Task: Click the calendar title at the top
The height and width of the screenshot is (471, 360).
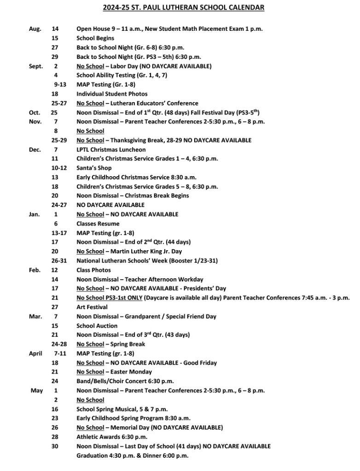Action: [183, 8]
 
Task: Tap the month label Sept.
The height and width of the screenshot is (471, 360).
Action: [36, 66]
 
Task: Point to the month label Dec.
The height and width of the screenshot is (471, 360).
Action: [35, 149]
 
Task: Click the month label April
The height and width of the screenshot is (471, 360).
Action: [35, 353]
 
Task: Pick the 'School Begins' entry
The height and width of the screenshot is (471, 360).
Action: [95, 38]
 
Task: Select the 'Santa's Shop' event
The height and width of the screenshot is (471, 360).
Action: [94, 168]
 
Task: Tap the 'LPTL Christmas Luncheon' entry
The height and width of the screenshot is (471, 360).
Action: [111, 149]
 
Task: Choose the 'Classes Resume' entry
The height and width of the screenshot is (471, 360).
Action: [98, 224]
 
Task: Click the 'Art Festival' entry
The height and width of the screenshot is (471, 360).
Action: [92, 307]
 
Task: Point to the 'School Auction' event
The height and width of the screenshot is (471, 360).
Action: [97, 326]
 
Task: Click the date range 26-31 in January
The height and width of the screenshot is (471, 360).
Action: [59, 261]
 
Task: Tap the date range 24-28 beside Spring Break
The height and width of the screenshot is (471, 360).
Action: [59, 344]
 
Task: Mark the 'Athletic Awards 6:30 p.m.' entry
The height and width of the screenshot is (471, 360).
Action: [112, 437]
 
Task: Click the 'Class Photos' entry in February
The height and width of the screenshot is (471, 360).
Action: [93, 270]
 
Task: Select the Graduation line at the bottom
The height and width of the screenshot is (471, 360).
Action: [133, 455]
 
